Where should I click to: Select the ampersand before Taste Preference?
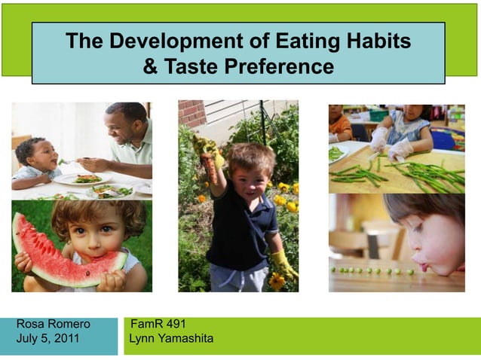tap(150, 67)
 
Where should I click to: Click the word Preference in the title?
tap(276, 67)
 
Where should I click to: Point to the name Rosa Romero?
tap(54, 324)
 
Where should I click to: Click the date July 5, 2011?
tap(48, 338)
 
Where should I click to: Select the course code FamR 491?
tap(158, 324)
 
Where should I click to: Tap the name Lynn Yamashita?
tap(171, 338)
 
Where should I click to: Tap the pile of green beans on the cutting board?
tap(422, 175)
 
